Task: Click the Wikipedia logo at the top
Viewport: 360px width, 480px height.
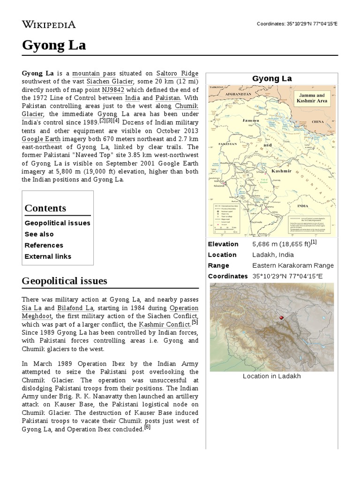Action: click(49, 24)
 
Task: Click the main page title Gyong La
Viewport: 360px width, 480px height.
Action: click(53, 45)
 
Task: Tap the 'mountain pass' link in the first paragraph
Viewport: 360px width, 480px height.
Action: click(94, 74)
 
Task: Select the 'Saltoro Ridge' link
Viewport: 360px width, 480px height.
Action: click(177, 74)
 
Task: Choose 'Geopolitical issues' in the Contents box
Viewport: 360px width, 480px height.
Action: click(57, 223)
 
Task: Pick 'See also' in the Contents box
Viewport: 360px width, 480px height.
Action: click(39, 234)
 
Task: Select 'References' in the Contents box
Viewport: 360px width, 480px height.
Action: click(44, 245)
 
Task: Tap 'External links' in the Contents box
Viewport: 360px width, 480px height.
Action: click(48, 256)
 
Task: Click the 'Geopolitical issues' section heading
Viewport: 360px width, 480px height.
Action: click(64, 281)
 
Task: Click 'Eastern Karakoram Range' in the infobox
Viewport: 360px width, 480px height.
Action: click(293, 265)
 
